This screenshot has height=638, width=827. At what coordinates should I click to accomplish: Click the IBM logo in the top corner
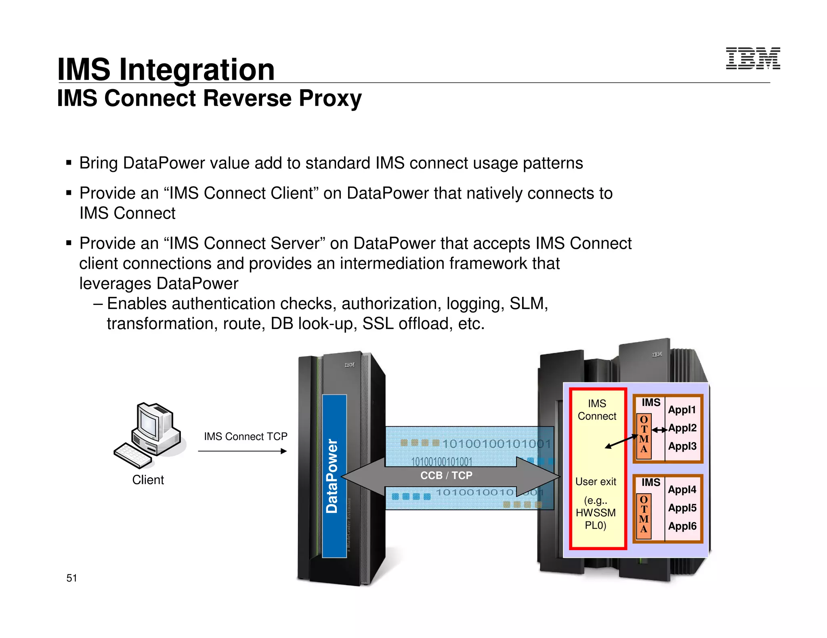(x=753, y=58)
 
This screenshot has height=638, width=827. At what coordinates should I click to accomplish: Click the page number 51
(x=71, y=578)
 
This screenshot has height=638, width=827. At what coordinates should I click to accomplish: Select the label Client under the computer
(x=148, y=480)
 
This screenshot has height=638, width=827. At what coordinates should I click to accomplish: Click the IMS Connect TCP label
(x=246, y=436)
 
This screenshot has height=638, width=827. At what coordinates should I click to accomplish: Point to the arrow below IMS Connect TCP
(x=242, y=451)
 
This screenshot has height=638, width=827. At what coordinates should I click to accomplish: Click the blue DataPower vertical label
(x=334, y=476)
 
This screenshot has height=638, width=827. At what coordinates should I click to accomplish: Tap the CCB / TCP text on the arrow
(x=446, y=475)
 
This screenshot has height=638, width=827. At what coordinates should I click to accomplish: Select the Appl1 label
(x=682, y=410)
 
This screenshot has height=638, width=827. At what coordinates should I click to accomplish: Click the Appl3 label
(x=682, y=446)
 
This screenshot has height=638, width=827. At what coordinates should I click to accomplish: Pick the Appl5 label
(x=682, y=508)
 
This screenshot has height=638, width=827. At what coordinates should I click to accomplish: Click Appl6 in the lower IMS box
(x=682, y=526)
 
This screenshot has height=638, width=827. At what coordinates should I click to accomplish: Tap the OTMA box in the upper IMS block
(x=644, y=436)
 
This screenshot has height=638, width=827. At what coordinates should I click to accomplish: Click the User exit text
(x=596, y=482)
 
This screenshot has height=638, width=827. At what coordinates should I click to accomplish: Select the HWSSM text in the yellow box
(x=596, y=513)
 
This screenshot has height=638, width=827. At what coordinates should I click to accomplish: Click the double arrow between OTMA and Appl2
(x=659, y=430)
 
